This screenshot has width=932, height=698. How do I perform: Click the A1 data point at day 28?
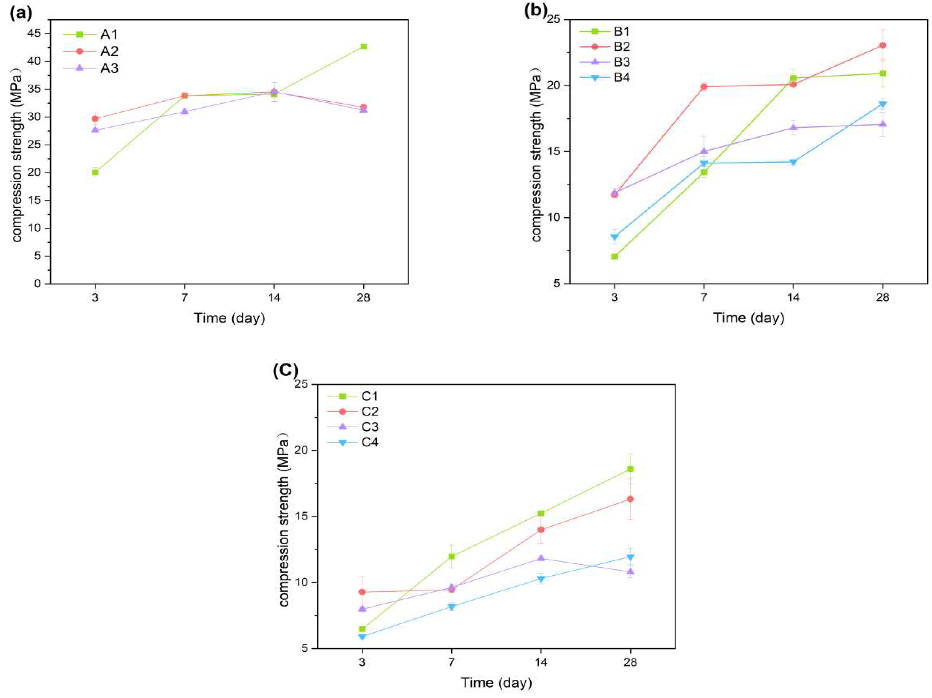pos(363,46)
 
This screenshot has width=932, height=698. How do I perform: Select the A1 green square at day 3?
pos(95,172)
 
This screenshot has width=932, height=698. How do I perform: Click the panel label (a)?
pos(21,13)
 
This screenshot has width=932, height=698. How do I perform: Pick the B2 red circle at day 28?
pos(882,46)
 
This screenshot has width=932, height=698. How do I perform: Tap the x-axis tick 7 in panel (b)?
pos(703,297)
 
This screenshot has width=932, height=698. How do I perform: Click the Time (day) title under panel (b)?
pos(748,318)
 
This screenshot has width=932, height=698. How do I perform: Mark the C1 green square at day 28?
pos(630,469)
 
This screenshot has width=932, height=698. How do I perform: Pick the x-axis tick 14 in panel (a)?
pos(274,297)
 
